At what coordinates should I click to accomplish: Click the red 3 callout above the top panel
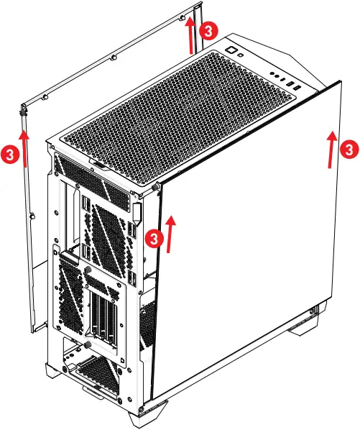(208, 30)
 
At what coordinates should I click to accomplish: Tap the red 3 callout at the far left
(9, 155)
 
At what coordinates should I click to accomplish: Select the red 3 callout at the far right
(349, 150)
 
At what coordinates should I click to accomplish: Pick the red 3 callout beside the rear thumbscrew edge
(154, 238)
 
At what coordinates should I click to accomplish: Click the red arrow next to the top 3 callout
(191, 35)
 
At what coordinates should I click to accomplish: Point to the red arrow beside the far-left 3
(24, 148)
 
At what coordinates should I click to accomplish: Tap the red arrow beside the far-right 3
(332, 150)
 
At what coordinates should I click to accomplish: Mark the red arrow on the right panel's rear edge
(171, 234)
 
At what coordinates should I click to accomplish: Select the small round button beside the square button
(241, 55)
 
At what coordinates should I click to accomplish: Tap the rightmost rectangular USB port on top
(297, 88)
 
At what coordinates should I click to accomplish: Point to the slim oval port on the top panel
(284, 79)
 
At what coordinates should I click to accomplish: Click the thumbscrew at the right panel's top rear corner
(155, 187)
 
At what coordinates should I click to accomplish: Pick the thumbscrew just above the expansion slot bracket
(88, 270)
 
